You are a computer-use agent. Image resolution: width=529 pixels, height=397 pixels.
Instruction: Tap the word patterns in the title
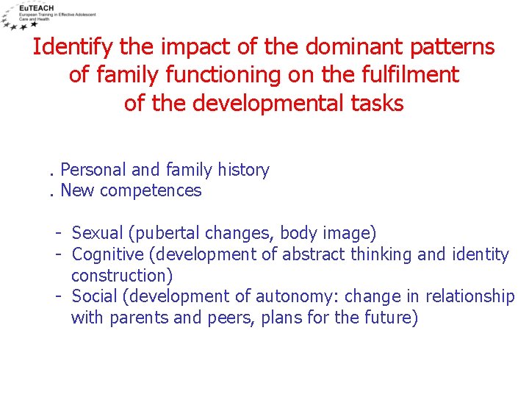[x=452, y=47]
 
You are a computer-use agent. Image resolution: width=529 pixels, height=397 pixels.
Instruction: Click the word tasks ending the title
[x=375, y=103]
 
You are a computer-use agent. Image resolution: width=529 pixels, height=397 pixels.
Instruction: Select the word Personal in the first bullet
[x=93, y=170]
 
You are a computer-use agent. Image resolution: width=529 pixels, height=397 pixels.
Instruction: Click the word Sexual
[x=98, y=234]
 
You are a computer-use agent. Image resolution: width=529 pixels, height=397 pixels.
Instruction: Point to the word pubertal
[x=163, y=234]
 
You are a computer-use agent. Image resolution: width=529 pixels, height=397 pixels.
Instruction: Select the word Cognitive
[x=106, y=254]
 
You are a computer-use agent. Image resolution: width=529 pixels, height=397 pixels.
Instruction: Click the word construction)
[x=122, y=276]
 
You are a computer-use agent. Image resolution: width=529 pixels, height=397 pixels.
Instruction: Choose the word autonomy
[x=296, y=296]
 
